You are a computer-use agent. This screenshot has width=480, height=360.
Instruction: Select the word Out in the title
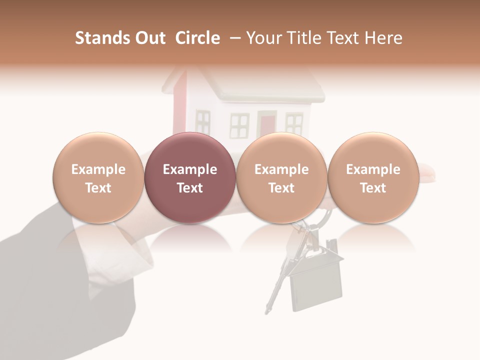tap(148, 38)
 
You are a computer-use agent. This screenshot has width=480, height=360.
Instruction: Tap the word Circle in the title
tap(197, 38)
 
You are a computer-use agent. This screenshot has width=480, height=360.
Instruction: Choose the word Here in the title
tap(384, 38)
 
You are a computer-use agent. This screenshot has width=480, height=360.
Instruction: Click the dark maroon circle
tap(190, 177)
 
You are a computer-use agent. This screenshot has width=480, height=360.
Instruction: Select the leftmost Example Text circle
tap(98, 177)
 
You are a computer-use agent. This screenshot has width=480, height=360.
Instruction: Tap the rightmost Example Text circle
tap(373, 177)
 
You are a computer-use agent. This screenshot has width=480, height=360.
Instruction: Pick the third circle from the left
tap(281, 177)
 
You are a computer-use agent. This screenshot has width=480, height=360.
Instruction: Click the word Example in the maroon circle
tap(190, 169)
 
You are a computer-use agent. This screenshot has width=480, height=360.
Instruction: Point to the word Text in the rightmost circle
tap(373, 188)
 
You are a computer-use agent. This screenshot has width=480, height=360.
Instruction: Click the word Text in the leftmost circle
tap(98, 188)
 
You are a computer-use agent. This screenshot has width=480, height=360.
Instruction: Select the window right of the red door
tap(294, 123)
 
